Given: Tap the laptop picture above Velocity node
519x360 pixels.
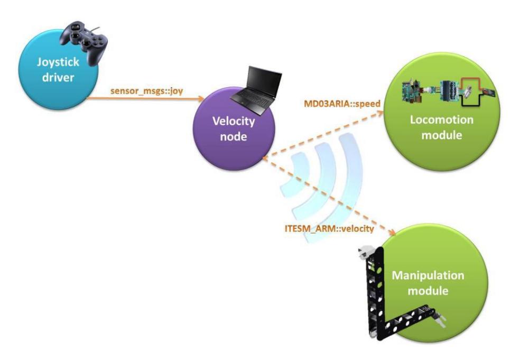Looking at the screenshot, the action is (x=255, y=90).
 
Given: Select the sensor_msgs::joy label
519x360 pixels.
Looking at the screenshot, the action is (x=146, y=91).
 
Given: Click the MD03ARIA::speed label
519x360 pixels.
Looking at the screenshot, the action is (x=342, y=103).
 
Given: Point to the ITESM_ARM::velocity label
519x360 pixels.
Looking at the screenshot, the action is (x=329, y=228).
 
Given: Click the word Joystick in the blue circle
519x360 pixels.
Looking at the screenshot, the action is (x=58, y=62).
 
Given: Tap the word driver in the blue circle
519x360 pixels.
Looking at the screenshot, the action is (x=58, y=78).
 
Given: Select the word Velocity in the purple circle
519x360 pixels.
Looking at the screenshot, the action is (x=234, y=121).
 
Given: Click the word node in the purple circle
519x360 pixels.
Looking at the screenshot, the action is (x=234, y=136).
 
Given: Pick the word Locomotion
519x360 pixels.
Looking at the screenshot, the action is (x=442, y=119).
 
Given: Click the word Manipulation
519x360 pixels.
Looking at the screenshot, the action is (x=428, y=275).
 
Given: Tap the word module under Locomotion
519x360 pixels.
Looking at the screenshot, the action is (x=442, y=135).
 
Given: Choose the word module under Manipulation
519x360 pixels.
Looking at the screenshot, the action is (x=428, y=291).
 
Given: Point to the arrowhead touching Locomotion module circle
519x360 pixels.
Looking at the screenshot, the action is (x=379, y=113).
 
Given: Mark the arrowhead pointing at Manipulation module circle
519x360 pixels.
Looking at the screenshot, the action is (x=392, y=233).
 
